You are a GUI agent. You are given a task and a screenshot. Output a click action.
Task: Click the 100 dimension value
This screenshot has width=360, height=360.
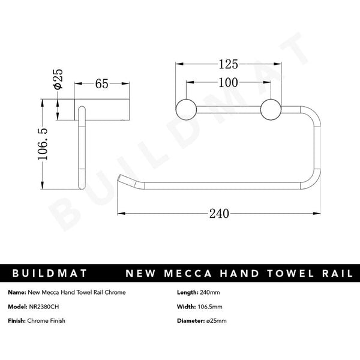[x=229, y=83]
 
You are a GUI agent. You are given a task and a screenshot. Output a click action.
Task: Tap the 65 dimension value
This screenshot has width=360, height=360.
[x=101, y=84]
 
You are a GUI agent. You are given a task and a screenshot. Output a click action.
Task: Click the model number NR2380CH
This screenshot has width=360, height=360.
[x=44, y=307]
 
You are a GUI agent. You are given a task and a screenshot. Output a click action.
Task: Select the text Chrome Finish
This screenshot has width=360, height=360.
[x=46, y=321]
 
